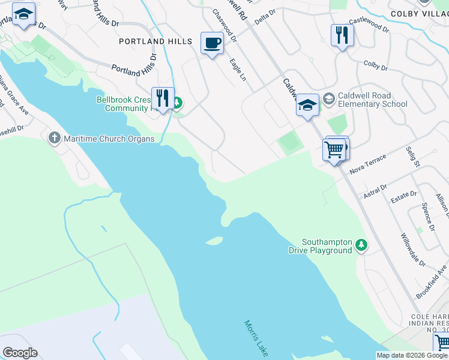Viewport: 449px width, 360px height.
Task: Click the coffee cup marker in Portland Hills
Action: [x=212, y=43]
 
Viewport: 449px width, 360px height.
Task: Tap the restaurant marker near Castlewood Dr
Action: [x=342, y=35]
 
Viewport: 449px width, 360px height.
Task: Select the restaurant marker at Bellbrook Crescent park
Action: [x=162, y=98]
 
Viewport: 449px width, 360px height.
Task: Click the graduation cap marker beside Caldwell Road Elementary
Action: [x=307, y=106]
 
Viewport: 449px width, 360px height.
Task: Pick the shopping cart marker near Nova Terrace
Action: [x=334, y=149]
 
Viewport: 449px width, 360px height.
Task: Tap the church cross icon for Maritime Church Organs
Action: [x=54, y=139]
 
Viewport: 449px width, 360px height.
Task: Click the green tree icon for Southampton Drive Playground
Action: [x=361, y=245]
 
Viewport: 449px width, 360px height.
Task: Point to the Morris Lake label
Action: [x=256, y=339]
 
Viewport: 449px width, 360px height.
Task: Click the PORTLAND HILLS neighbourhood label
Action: [x=155, y=41]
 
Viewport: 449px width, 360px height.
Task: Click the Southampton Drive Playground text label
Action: [x=327, y=246]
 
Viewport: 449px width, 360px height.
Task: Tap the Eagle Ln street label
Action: [x=238, y=70]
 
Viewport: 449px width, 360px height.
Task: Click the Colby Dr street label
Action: [x=376, y=65]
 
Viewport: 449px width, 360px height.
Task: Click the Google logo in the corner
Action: [x=20, y=353]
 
